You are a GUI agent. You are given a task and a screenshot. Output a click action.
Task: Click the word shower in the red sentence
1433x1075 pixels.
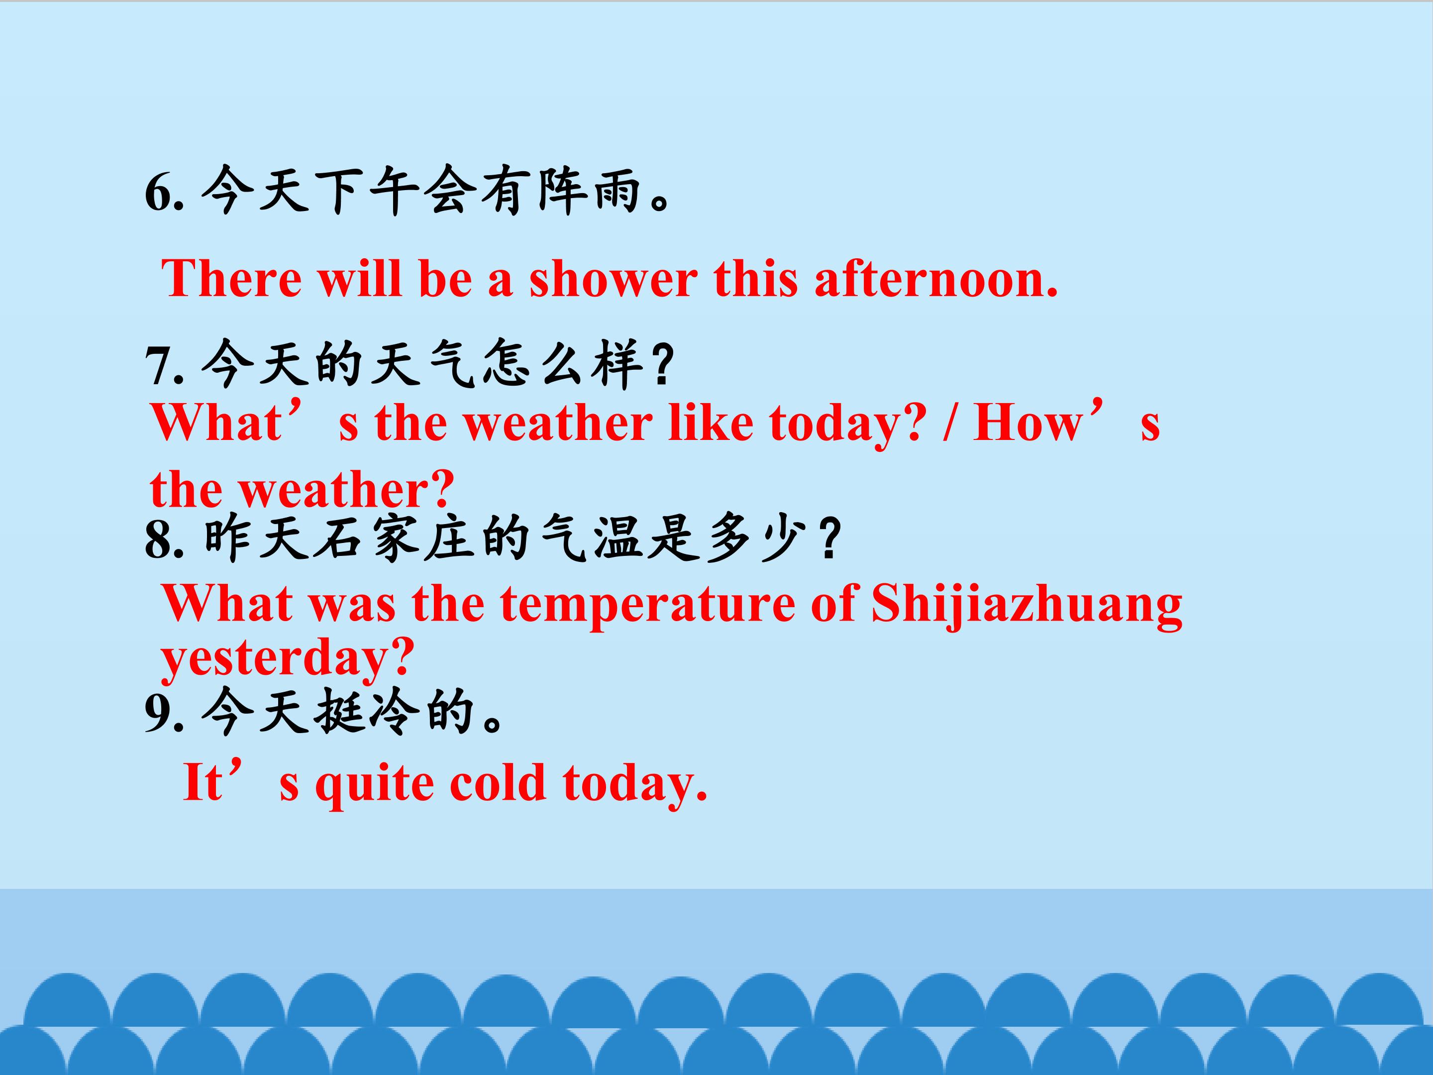613,279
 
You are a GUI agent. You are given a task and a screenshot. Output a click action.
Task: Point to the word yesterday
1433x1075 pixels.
287,659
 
